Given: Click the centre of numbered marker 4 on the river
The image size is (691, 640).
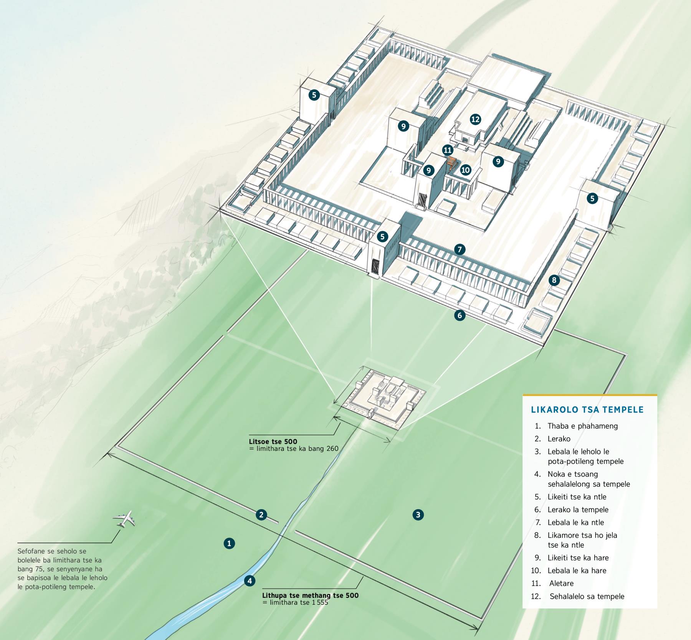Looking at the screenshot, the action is [250, 581].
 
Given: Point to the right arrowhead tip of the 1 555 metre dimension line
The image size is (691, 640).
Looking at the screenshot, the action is [478, 628].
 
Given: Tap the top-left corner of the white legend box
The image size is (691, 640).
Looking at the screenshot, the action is [523, 395].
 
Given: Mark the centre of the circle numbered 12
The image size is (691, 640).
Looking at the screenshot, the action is [475, 119].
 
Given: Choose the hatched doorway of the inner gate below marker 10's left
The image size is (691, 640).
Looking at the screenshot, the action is [423, 201].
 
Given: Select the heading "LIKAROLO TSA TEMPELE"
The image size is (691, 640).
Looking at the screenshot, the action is [587, 409].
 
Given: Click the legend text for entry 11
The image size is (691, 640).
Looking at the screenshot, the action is [561, 583].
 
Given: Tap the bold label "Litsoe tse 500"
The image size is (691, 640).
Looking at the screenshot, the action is [273, 442].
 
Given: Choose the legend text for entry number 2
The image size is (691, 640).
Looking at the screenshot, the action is [559, 439].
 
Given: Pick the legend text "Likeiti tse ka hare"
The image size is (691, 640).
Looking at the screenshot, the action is [578, 558].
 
